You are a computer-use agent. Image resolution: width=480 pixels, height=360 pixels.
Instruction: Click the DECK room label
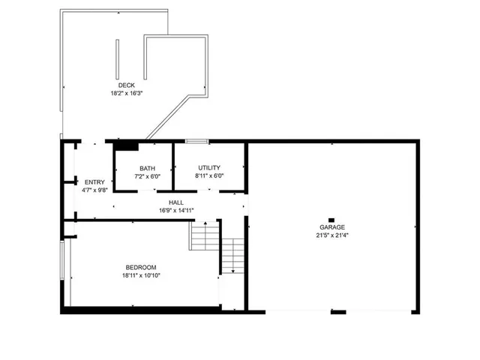pos(127,85)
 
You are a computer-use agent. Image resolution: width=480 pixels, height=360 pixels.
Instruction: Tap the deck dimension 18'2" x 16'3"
pos(127,94)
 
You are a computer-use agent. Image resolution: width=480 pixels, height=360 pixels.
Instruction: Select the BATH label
pos(147,168)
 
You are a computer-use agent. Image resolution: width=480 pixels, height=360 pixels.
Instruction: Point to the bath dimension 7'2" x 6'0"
pos(147,176)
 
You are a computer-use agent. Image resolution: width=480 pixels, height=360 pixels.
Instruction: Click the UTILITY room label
pos(209,168)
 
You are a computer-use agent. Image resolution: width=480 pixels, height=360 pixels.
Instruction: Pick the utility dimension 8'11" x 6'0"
pos(209,176)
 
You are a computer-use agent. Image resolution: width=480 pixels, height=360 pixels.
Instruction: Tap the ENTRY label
pos(94,182)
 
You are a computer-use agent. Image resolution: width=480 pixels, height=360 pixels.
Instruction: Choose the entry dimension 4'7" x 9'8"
pos(94,190)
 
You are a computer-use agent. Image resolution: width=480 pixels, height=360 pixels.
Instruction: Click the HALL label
pos(176,202)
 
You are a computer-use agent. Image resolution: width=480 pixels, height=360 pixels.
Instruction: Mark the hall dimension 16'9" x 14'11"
pos(176,211)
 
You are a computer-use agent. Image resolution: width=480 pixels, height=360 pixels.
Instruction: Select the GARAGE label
pos(331,226)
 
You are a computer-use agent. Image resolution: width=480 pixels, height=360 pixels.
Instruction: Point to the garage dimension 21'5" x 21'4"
pos(331,235)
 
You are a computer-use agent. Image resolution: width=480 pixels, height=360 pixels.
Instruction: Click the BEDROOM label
pos(140,268)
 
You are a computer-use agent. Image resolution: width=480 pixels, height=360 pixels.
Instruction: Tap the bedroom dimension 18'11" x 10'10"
pos(140,276)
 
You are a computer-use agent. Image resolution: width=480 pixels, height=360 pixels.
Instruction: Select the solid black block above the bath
pos(125,147)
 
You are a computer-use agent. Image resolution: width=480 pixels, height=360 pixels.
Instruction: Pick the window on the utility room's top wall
pos(196,140)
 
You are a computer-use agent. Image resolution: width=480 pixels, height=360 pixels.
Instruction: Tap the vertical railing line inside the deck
pos(117,58)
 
